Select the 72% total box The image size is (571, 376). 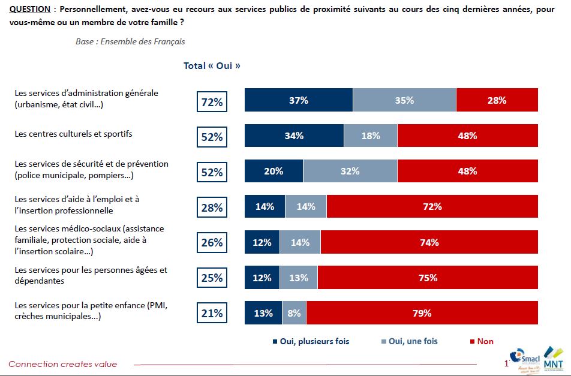tap(212, 102)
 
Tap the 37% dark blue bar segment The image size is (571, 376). tap(298, 100)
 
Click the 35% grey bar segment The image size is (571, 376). tap(404, 100)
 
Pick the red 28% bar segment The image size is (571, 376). tap(497, 100)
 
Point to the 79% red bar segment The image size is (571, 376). tap(422, 313)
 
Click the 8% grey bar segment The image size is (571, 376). tap(293, 313)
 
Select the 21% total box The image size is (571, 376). tap(212, 314)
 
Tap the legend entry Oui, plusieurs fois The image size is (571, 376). tap(310, 341)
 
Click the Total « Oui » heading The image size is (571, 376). tap(212, 66)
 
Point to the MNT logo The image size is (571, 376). tap(552, 357)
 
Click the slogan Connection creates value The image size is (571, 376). tap(63, 364)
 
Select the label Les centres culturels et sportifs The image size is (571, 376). tap(73, 134)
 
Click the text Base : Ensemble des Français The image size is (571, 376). tap(130, 42)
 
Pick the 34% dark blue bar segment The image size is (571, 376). tap(294, 136)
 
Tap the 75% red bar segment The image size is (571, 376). tap(428, 278)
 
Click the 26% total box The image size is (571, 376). tap(212, 243)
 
